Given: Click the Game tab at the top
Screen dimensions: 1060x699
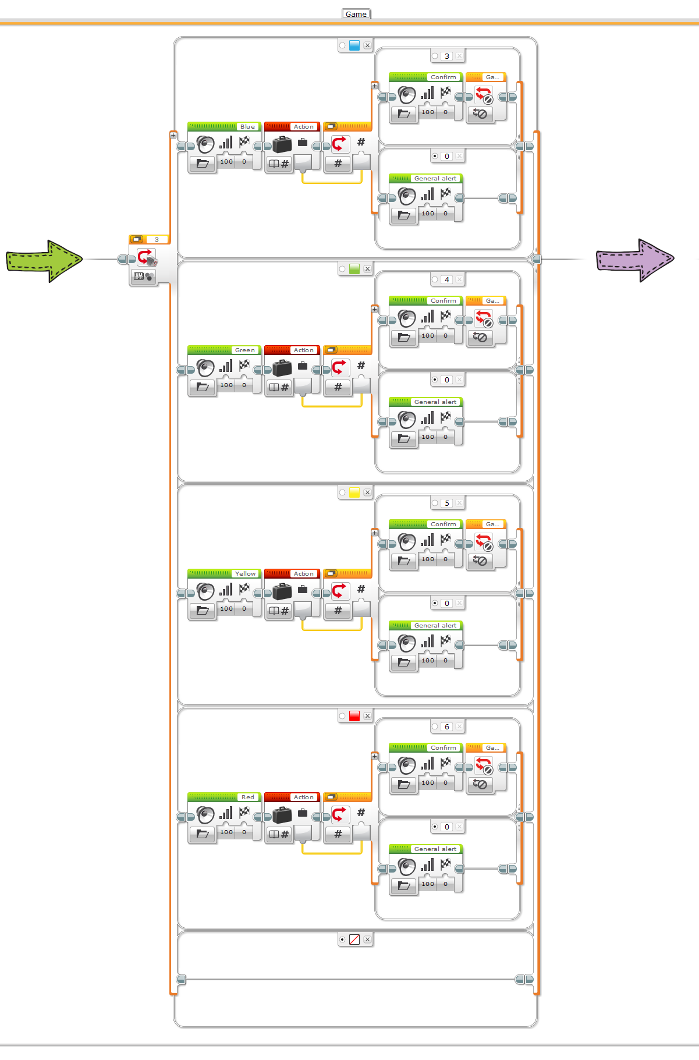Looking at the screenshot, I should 356,14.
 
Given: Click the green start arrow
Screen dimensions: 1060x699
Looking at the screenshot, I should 44,260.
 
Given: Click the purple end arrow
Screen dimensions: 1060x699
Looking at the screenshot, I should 634,260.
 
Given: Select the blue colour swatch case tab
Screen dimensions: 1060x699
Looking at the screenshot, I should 354,45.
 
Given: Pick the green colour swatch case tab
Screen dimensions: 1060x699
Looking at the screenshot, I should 354,269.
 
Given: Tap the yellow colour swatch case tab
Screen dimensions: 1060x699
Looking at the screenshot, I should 354,492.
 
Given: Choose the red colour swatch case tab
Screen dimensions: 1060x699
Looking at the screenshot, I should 354,716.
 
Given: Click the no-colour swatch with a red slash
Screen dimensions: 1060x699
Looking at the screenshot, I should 354,940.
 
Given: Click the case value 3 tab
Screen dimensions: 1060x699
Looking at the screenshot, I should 447,56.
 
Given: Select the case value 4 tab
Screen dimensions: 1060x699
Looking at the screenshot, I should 447,280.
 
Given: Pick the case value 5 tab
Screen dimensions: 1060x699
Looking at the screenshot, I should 447,504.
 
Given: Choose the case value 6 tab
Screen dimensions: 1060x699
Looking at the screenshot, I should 447,727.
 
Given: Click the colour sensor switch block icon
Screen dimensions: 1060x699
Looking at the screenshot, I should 146,258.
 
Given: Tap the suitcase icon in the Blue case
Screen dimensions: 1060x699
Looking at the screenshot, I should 282,144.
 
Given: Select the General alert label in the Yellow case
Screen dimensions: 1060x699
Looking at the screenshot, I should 435,626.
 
